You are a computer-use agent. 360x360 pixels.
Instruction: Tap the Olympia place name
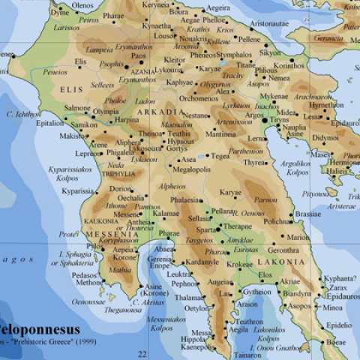(106, 112)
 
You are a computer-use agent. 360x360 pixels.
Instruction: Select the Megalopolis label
(191, 169)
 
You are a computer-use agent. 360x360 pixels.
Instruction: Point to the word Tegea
(220, 156)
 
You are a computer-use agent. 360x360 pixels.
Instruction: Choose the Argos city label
(254, 115)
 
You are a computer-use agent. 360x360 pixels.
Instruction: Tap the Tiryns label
(279, 119)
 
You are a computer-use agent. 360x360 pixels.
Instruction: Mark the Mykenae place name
(274, 97)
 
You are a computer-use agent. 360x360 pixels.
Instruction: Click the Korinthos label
(289, 65)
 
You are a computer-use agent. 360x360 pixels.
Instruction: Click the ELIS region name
(70, 89)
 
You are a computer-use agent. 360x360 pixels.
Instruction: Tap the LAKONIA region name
(281, 262)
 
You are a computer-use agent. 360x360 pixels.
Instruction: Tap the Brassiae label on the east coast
(307, 214)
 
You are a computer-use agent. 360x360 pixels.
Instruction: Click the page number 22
(142, 353)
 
